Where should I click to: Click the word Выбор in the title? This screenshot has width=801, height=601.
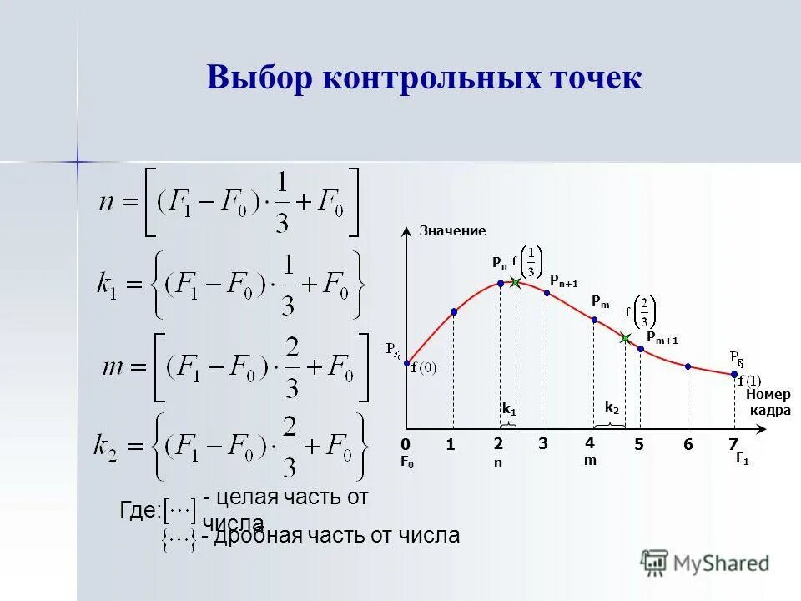(x=259, y=78)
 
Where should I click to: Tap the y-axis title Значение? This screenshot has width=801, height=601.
(x=451, y=230)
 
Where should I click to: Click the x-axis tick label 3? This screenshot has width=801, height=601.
(x=542, y=444)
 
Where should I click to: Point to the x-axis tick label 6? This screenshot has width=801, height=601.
(x=688, y=445)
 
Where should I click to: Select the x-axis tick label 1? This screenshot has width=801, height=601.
(x=450, y=445)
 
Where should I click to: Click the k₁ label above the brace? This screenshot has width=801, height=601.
(x=508, y=409)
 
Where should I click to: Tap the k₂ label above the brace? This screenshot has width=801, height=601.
(x=612, y=407)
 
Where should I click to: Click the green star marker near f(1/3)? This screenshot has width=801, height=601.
(x=516, y=284)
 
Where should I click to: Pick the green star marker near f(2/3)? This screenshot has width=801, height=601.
(x=625, y=338)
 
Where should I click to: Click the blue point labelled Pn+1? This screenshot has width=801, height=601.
(x=547, y=292)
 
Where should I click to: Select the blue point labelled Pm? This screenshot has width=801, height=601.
(x=594, y=320)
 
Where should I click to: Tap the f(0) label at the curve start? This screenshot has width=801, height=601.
(x=424, y=369)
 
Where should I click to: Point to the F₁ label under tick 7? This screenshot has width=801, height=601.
(x=741, y=459)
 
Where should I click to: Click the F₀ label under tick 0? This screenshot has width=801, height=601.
(x=406, y=461)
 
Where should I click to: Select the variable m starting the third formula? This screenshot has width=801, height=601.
(x=113, y=367)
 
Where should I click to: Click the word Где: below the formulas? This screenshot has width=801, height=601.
(x=139, y=511)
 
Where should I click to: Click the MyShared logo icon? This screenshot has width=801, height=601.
(x=655, y=563)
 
